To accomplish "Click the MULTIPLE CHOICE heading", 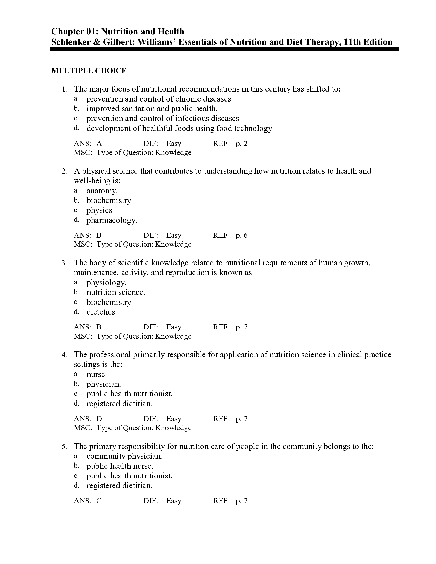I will pos(89,71).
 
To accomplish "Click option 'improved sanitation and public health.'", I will pos(152,109).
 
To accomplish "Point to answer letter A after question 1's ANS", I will pos(99,144).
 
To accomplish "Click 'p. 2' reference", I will pos(242,144).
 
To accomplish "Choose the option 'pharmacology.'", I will pos(112,220).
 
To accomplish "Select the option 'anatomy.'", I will pos(102,191).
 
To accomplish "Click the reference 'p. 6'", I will pos(242,235).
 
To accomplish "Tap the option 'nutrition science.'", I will pos(116,292).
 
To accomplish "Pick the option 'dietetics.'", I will pos(102,312).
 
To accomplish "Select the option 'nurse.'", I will pos(97,374).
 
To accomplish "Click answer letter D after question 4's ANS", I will pos(99,419).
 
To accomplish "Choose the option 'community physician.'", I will pos(124,456).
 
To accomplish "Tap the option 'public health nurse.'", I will pos(120,466).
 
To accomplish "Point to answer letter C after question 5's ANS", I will pos(99,501).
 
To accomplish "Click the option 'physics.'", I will pos(100,210).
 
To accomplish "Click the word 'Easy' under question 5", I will pos(174,501).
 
